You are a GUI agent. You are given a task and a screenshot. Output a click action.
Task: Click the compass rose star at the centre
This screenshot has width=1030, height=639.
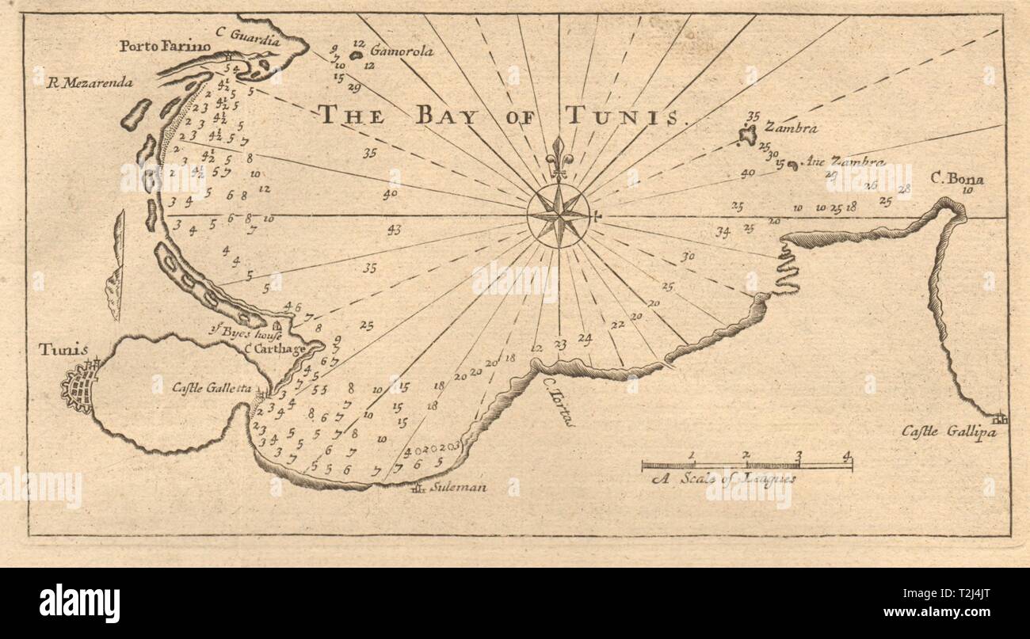click(559, 215)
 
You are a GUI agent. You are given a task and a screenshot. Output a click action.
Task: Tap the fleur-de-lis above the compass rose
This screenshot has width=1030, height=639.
click(559, 154)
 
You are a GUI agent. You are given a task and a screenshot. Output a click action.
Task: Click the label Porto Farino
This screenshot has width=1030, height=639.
click(166, 47)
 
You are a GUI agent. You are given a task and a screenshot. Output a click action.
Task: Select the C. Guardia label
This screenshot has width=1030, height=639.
click(238, 32)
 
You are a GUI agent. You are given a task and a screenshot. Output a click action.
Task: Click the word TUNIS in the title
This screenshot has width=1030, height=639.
click(624, 116)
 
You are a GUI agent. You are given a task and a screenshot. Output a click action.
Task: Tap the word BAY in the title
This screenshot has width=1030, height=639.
click(445, 116)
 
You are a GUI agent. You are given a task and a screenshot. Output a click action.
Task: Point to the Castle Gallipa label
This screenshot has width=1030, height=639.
click(937, 432)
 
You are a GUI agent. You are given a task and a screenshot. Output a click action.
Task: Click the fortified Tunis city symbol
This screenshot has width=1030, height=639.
click(81, 387)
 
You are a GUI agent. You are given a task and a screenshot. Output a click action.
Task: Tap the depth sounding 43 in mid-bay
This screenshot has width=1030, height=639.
click(394, 230)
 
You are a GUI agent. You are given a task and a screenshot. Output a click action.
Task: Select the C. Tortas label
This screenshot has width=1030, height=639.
click(559, 401)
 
